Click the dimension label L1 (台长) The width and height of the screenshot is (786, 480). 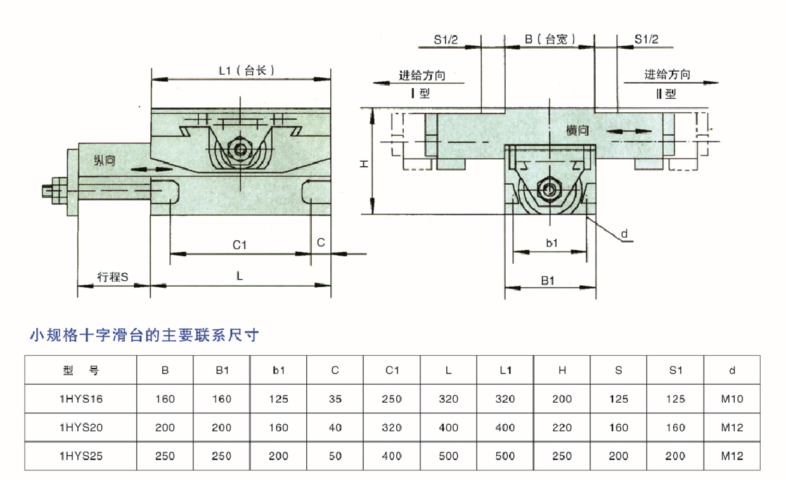[246, 71]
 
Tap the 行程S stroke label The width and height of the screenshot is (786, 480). [113, 277]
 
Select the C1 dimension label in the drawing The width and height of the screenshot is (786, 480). [239, 245]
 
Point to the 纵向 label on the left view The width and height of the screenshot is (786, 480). [104, 161]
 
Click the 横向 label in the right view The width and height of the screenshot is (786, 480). [578, 131]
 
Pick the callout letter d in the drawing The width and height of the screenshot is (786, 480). [624, 235]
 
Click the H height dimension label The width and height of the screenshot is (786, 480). [363, 164]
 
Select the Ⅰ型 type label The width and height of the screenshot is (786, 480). [420, 94]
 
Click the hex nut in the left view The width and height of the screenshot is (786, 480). [241, 150]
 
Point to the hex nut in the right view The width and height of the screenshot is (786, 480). [548, 189]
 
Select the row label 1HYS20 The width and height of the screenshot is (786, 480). [81, 428]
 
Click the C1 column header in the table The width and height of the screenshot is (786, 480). [392, 370]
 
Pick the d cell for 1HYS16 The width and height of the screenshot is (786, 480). [732, 399]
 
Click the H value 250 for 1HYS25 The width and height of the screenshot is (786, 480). [562, 456]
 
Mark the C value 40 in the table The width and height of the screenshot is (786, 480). [335, 428]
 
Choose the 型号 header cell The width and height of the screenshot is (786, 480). [81, 370]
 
